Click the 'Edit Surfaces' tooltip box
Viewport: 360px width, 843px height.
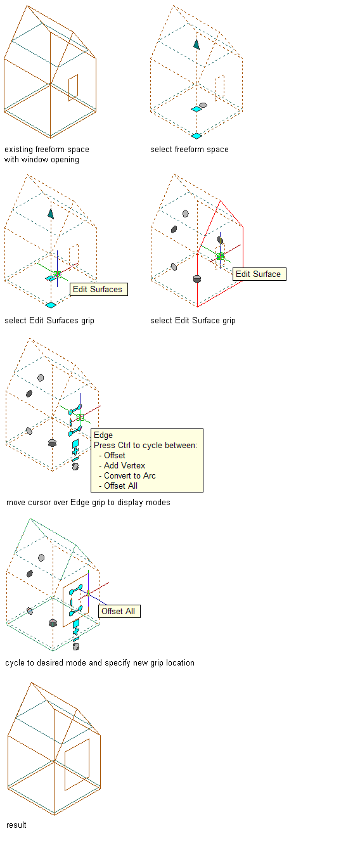pos(99,290)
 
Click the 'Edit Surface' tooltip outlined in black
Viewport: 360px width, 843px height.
pos(259,274)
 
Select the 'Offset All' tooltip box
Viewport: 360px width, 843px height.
pos(119,611)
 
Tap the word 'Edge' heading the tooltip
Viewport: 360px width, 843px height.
pos(103,435)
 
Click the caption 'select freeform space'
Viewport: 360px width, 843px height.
pos(190,150)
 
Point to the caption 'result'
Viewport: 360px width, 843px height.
pos(16,825)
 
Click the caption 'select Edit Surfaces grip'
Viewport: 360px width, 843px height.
pos(49,321)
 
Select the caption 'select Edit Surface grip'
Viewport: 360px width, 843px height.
pos(193,321)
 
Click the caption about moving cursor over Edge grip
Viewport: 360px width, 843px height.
pos(88,503)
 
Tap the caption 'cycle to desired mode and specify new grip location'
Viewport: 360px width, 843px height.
pos(100,663)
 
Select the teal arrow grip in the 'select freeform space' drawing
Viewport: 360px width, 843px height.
pos(196,44)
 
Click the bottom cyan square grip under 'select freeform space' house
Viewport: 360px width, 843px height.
pos(196,136)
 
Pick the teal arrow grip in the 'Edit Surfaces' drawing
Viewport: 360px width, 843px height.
pos(51,214)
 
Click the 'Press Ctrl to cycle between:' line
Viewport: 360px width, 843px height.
pos(145,445)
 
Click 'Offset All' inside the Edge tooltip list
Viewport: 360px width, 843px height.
pos(120,486)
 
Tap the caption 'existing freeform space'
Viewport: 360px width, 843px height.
pos(47,150)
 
